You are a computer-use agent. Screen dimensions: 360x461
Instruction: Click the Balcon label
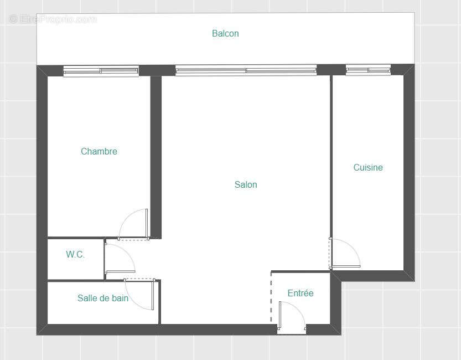[225, 34]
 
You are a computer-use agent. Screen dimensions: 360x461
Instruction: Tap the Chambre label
[99, 151]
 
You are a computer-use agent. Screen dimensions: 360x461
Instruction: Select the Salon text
[246, 185]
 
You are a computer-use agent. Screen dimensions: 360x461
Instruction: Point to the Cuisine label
[368, 167]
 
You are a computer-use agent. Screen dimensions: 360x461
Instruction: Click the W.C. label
[75, 255]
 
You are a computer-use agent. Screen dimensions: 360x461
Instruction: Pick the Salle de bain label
[103, 299]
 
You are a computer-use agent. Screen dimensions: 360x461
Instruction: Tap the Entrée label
[301, 293]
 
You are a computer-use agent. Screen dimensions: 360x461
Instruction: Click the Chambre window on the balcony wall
[100, 70]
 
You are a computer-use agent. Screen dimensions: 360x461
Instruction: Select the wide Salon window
[246, 70]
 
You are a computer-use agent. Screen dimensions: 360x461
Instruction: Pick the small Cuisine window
[368, 70]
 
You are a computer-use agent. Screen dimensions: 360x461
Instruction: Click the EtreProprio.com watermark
[53, 19]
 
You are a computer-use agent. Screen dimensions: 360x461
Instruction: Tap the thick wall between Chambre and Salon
[156, 155]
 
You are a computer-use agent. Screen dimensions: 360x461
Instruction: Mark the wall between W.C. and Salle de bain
[75, 281]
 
